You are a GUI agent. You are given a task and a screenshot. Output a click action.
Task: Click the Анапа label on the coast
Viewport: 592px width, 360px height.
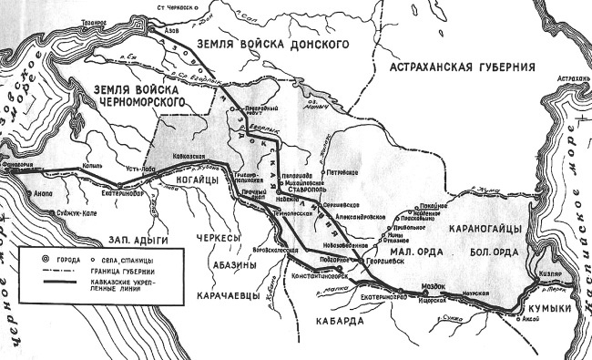point(43,192)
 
